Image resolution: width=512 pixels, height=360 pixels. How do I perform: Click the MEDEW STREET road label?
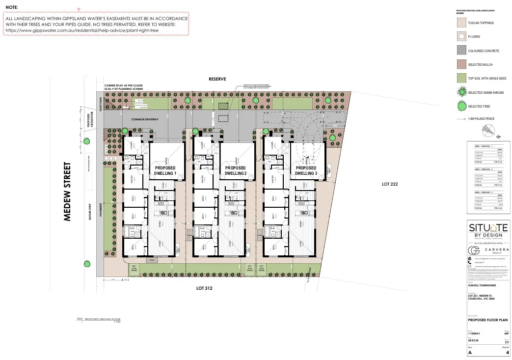68,192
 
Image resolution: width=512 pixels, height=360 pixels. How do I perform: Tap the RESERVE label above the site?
217,79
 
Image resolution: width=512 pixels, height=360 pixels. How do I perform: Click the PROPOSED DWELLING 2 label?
235,171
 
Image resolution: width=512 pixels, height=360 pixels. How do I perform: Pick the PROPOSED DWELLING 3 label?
306,171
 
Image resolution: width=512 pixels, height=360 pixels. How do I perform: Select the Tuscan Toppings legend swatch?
461,23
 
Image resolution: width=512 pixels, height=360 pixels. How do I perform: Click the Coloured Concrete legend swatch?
461,51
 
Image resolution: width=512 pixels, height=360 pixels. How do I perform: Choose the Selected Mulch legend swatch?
461,64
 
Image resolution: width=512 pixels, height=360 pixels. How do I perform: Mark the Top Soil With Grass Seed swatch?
461,78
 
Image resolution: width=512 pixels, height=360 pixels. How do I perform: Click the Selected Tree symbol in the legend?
461,106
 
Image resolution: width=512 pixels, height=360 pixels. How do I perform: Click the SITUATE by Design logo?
488,231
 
